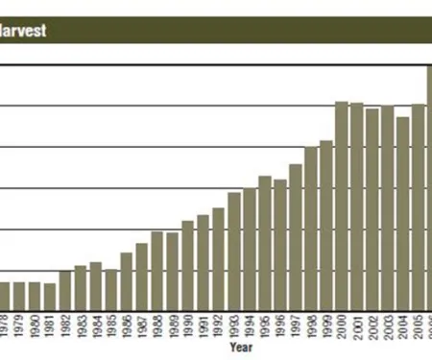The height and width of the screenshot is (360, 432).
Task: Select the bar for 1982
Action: point(65,289)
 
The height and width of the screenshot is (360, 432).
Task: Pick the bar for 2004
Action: point(403,212)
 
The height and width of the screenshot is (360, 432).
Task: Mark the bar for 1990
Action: point(188,264)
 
